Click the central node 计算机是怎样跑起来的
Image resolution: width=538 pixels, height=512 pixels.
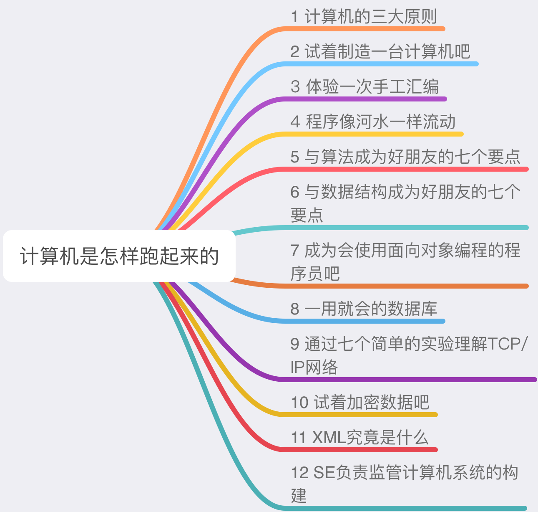point(119,256)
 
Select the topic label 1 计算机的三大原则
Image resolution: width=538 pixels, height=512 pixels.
point(364,17)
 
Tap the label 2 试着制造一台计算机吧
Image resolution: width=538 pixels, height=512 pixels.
point(380,52)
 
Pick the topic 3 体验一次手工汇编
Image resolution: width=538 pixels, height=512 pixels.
point(365,87)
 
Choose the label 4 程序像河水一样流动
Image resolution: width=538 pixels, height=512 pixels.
point(373,122)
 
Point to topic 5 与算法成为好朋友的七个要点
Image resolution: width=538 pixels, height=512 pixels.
point(405,157)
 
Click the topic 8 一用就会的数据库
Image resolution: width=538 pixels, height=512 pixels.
point(364,309)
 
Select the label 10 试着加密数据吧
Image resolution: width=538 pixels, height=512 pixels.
point(360,403)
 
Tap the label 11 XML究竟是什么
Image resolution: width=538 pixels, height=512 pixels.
point(360,438)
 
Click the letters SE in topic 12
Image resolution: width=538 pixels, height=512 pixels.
point(324,473)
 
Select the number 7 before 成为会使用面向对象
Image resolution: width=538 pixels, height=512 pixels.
point(295,251)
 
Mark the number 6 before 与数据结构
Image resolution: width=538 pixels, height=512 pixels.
point(295,192)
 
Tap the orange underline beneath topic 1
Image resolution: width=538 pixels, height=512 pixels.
point(363,29)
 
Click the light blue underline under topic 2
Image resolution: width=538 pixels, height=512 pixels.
point(380,64)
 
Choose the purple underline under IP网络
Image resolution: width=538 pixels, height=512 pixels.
point(409,380)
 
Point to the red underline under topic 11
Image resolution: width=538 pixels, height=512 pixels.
point(359,450)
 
